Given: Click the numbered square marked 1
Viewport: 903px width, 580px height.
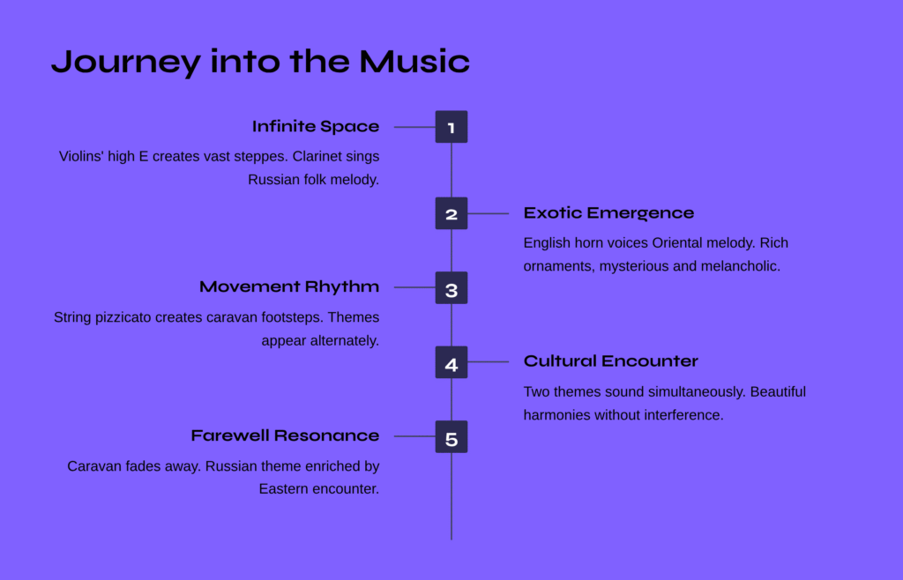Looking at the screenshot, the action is pyautogui.click(x=451, y=127).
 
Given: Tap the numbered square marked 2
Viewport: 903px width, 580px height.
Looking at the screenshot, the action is pyautogui.click(x=451, y=213).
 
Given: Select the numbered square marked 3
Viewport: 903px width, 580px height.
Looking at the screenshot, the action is pyautogui.click(x=451, y=287).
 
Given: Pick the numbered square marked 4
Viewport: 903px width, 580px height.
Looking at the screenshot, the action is pyautogui.click(x=451, y=362).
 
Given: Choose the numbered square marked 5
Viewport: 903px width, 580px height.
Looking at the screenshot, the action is pyautogui.click(x=451, y=436).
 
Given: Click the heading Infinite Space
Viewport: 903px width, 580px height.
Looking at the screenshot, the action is pyautogui.click(x=316, y=127).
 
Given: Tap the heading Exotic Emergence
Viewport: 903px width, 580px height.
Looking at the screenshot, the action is pyautogui.click(x=608, y=213).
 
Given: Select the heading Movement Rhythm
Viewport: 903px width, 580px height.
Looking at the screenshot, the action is pyautogui.click(x=289, y=287).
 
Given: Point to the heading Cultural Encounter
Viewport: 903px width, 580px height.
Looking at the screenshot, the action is pyautogui.click(x=610, y=361).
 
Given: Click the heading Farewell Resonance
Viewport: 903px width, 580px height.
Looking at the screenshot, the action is pyautogui.click(x=285, y=435).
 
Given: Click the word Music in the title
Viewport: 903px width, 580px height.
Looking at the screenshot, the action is pyautogui.click(x=414, y=62).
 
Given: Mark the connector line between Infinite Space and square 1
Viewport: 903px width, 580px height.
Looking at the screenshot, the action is pyautogui.click(x=414, y=127).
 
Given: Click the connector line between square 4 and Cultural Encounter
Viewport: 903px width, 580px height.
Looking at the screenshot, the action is pyautogui.click(x=489, y=362).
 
